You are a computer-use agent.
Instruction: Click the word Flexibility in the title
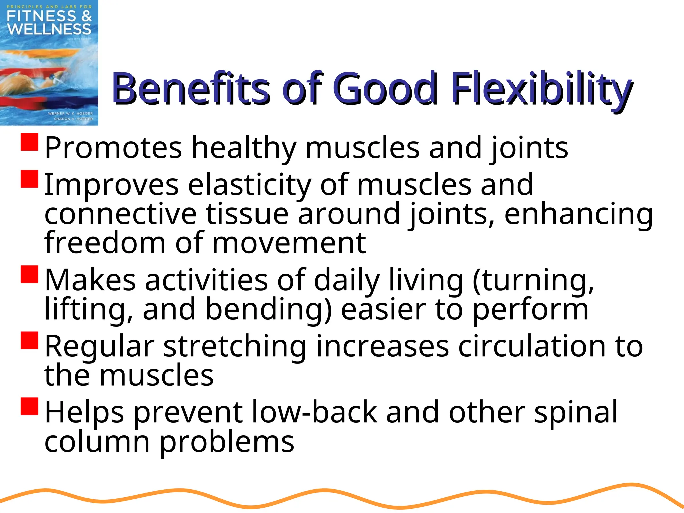click(x=541, y=89)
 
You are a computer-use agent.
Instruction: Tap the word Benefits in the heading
click(x=190, y=89)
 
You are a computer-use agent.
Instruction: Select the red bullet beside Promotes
click(x=30, y=142)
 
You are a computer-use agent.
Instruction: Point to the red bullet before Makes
click(x=30, y=274)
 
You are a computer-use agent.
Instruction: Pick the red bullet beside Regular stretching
click(x=30, y=340)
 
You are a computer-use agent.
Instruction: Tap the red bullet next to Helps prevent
click(x=30, y=406)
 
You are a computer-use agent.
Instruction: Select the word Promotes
click(x=114, y=148)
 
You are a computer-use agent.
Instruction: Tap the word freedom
click(x=105, y=243)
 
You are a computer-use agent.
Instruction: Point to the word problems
click(x=227, y=442)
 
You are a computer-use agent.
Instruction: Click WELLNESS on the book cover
click(x=49, y=29)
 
